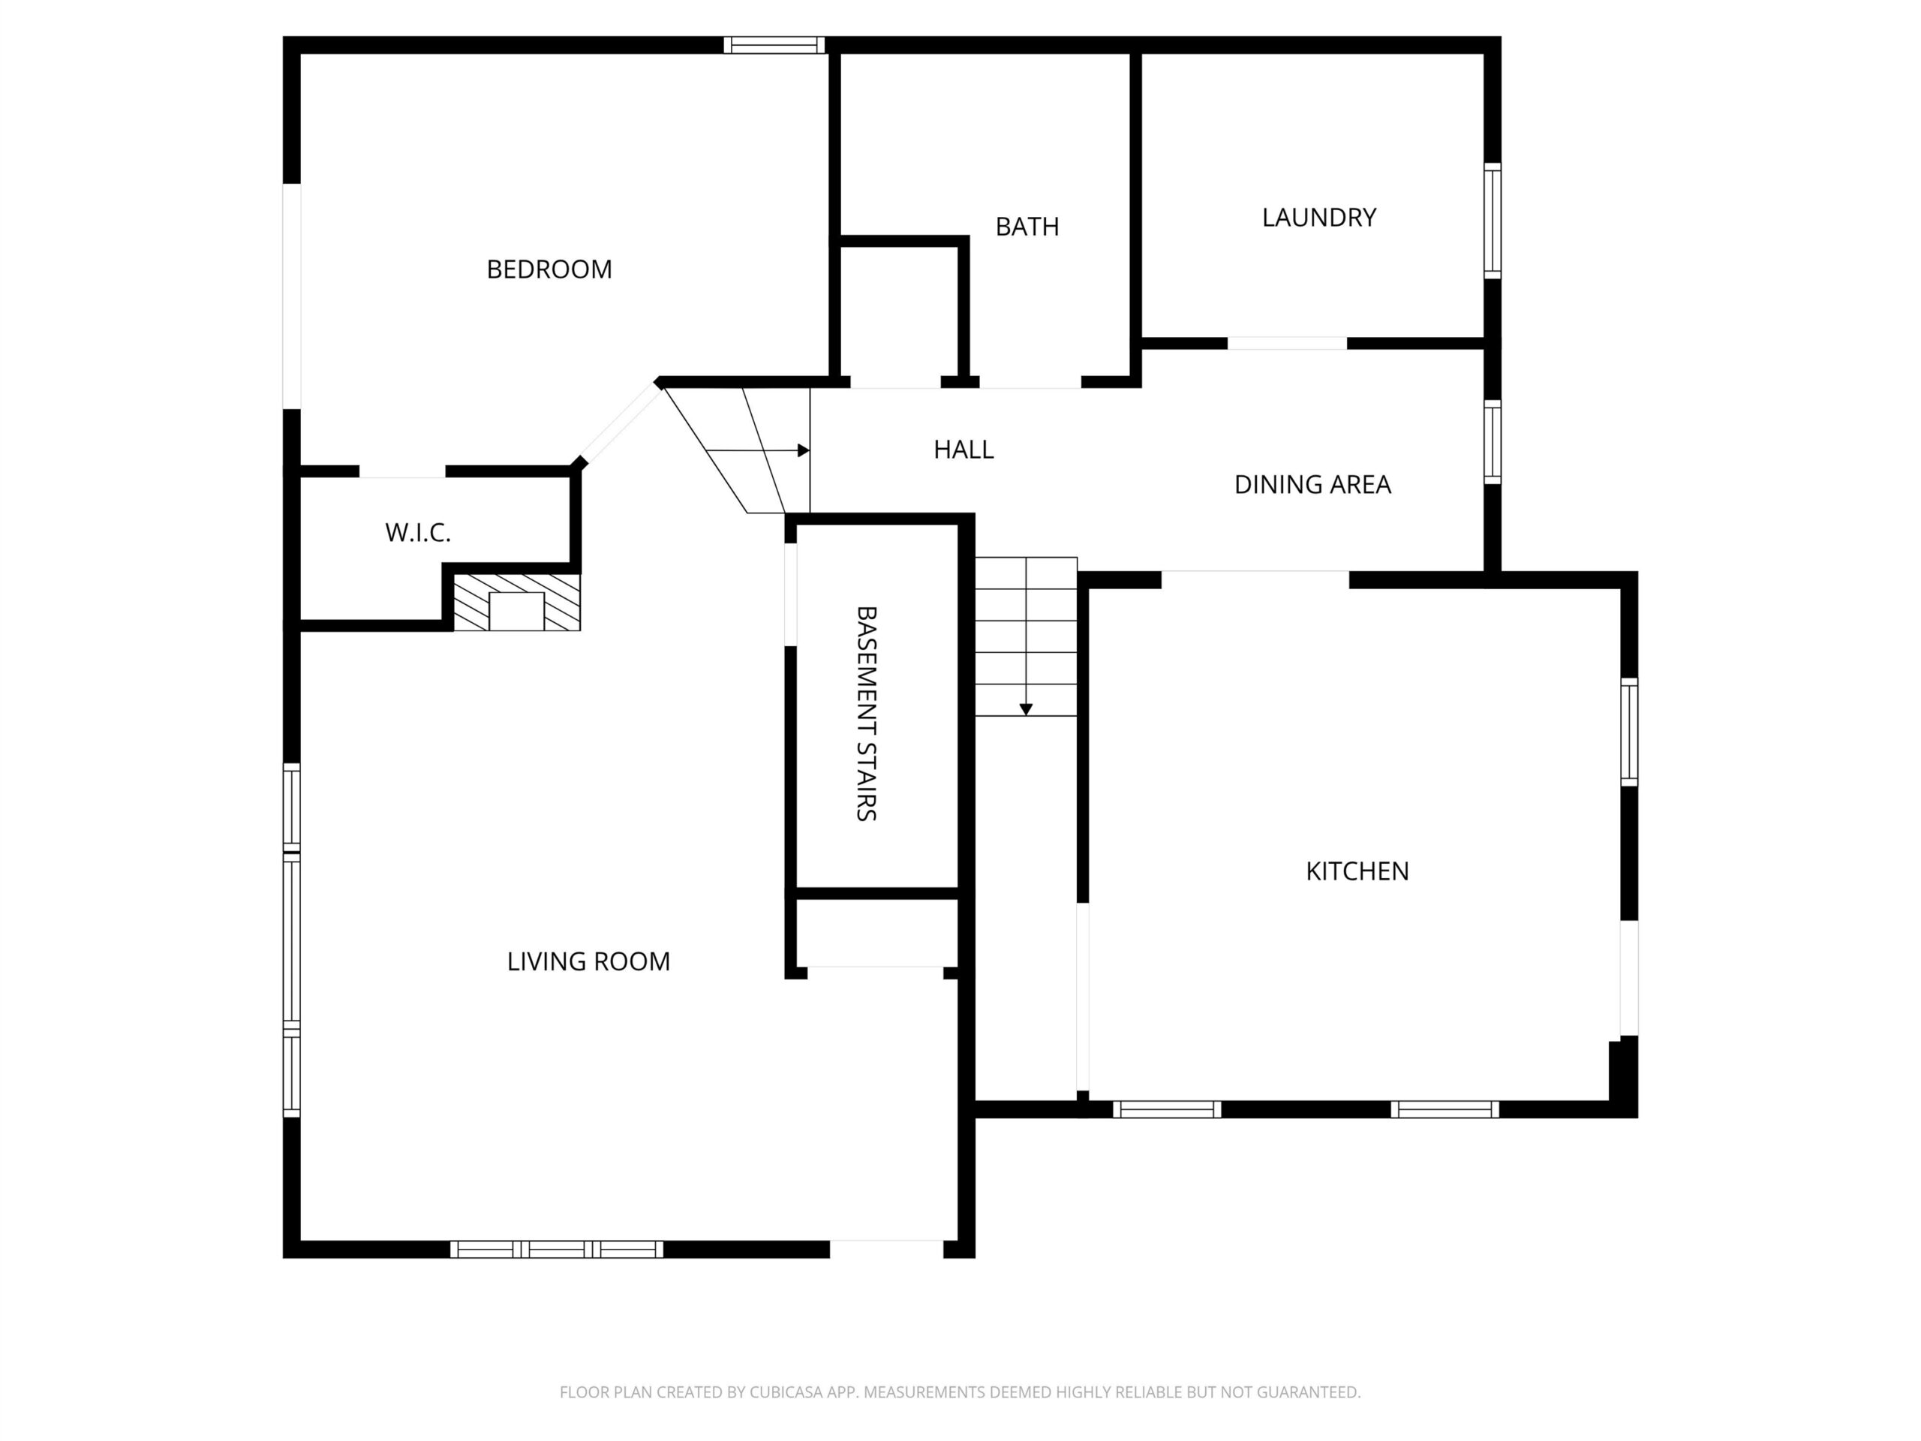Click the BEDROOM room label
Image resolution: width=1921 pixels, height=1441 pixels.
point(549,269)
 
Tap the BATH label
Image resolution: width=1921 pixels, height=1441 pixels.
point(1027,227)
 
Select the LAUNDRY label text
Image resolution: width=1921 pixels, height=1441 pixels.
point(1318,217)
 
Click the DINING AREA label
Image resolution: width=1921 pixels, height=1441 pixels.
point(1312,485)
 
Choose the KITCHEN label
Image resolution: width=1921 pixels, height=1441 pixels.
point(1357,871)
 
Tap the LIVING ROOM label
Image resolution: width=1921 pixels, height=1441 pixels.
point(588,961)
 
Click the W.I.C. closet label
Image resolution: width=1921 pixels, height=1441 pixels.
point(418,532)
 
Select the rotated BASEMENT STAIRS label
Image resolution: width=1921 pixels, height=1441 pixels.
point(866,713)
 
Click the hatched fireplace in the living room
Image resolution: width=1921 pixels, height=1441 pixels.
point(517,602)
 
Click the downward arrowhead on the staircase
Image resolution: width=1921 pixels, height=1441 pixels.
point(1026,710)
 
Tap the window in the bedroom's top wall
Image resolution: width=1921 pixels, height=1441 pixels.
point(774,45)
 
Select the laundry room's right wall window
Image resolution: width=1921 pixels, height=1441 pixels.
point(1492,221)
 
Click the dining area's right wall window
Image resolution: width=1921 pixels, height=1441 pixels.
point(1492,441)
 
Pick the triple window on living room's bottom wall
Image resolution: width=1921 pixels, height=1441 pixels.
point(557,1249)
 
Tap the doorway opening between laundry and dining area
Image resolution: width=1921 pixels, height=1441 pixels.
point(1287,343)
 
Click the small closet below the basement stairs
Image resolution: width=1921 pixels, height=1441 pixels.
point(876,932)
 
